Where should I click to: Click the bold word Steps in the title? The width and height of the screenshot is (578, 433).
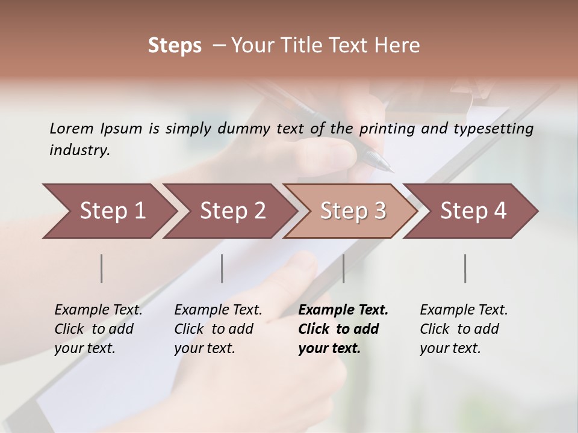pos(175,46)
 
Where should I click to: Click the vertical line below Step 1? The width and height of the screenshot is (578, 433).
pos(102,268)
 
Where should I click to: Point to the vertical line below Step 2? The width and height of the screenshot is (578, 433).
pos(222,268)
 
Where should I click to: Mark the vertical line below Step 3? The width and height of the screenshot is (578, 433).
pos(343,268)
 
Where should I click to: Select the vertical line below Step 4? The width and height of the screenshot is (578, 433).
pos(465,268)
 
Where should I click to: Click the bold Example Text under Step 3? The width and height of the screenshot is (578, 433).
pos(343,310)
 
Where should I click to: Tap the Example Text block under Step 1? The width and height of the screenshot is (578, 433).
pos(98,329)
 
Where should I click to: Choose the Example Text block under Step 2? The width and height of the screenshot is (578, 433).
pos(218,329)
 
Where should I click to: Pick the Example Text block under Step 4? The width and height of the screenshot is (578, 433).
pos(464,329)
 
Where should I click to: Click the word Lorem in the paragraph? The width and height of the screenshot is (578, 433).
pos(72,128)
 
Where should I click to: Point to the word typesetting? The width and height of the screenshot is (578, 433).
pos(493,129)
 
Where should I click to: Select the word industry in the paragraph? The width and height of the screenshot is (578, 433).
pos(79,150)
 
